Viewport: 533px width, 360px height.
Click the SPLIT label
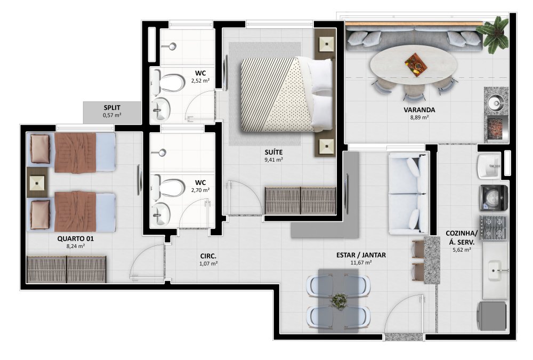[112, 108]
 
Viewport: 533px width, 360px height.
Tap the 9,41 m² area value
[273, 159]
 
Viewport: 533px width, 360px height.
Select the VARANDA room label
[419, 110]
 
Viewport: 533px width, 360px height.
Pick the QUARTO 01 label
[75, 238]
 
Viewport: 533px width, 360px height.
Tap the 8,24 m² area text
[76, 246]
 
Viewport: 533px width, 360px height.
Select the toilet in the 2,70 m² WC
[168, 188]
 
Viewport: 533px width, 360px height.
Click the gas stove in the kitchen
[494, 227]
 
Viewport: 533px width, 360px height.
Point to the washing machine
[494, 198]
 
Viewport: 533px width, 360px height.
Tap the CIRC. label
[208, 256]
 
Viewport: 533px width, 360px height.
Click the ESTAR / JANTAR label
[361, 255]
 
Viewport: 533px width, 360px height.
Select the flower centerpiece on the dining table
[338, 300]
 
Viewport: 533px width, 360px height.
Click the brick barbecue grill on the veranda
[495, 129]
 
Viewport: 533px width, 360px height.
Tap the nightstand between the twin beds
[37, 182]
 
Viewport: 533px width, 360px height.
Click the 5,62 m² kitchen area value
[461, 250]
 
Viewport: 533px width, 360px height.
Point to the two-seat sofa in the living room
[408, 194]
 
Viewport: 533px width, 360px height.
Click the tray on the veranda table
[415, 64]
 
